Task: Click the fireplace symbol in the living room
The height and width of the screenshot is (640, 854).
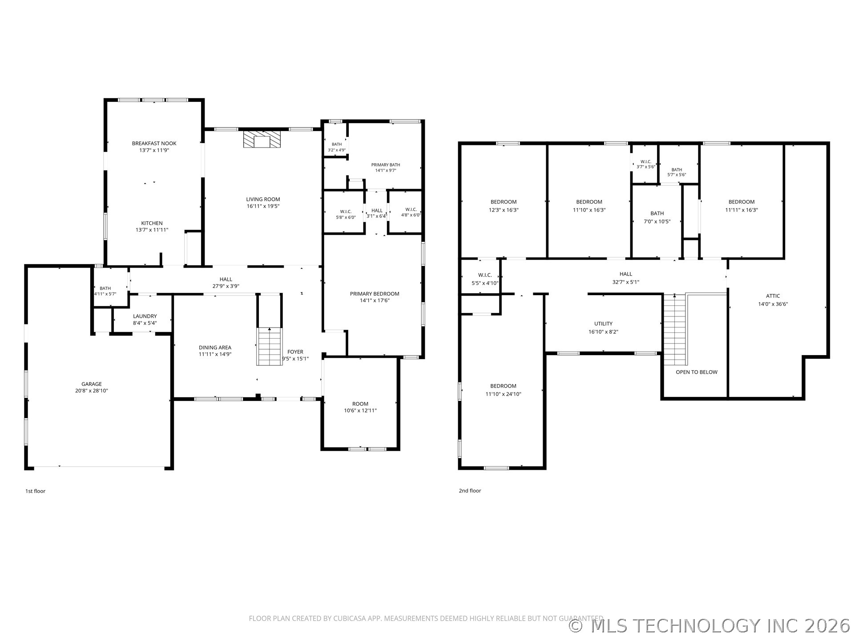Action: coord(262,139)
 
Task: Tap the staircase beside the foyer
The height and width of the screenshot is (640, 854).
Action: coord(270,347)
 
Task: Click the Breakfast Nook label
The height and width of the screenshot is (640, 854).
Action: coord(154,144)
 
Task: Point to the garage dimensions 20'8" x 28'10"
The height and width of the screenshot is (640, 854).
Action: coord(92,391)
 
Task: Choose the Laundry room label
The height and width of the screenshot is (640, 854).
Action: coord(145,316)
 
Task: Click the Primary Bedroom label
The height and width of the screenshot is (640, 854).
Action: coord(375,294)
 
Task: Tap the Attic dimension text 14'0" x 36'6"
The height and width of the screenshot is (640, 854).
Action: coord(773,304)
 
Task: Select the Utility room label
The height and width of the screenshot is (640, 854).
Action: coord(604,324)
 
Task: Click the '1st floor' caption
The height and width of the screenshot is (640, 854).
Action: coord(35,491)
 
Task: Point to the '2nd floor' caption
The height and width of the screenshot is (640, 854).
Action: coord(470,491)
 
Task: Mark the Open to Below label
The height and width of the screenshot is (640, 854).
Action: coord(697,372)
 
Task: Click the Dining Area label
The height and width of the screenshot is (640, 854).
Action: coord(215,348)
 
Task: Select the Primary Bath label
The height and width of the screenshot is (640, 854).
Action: coord(386,165)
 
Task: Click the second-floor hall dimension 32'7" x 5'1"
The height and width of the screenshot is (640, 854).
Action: coord(626,282)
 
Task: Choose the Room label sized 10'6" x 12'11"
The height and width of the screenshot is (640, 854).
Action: coord(360,404)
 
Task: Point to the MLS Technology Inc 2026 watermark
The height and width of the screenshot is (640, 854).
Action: coord(710,626)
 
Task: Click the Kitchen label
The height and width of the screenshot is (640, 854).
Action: coord(152,223)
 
